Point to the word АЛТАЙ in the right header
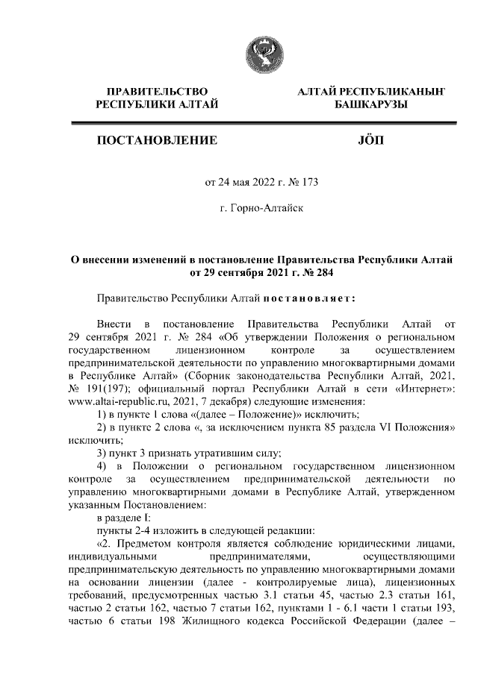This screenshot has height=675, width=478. (x=317, y=91)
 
